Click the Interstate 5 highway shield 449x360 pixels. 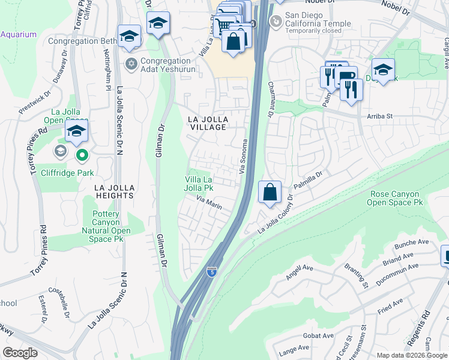click(211, 272)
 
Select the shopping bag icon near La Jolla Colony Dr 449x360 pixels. click(270, 193)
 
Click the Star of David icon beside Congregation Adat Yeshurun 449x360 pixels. click(130, 63)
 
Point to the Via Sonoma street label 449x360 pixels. click(244, 157)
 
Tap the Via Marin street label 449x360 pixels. click(209, 204)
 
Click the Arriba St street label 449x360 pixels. click(379, 116)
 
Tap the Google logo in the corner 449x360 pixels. click(20, 353)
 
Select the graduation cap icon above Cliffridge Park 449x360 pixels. click(77, 132)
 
